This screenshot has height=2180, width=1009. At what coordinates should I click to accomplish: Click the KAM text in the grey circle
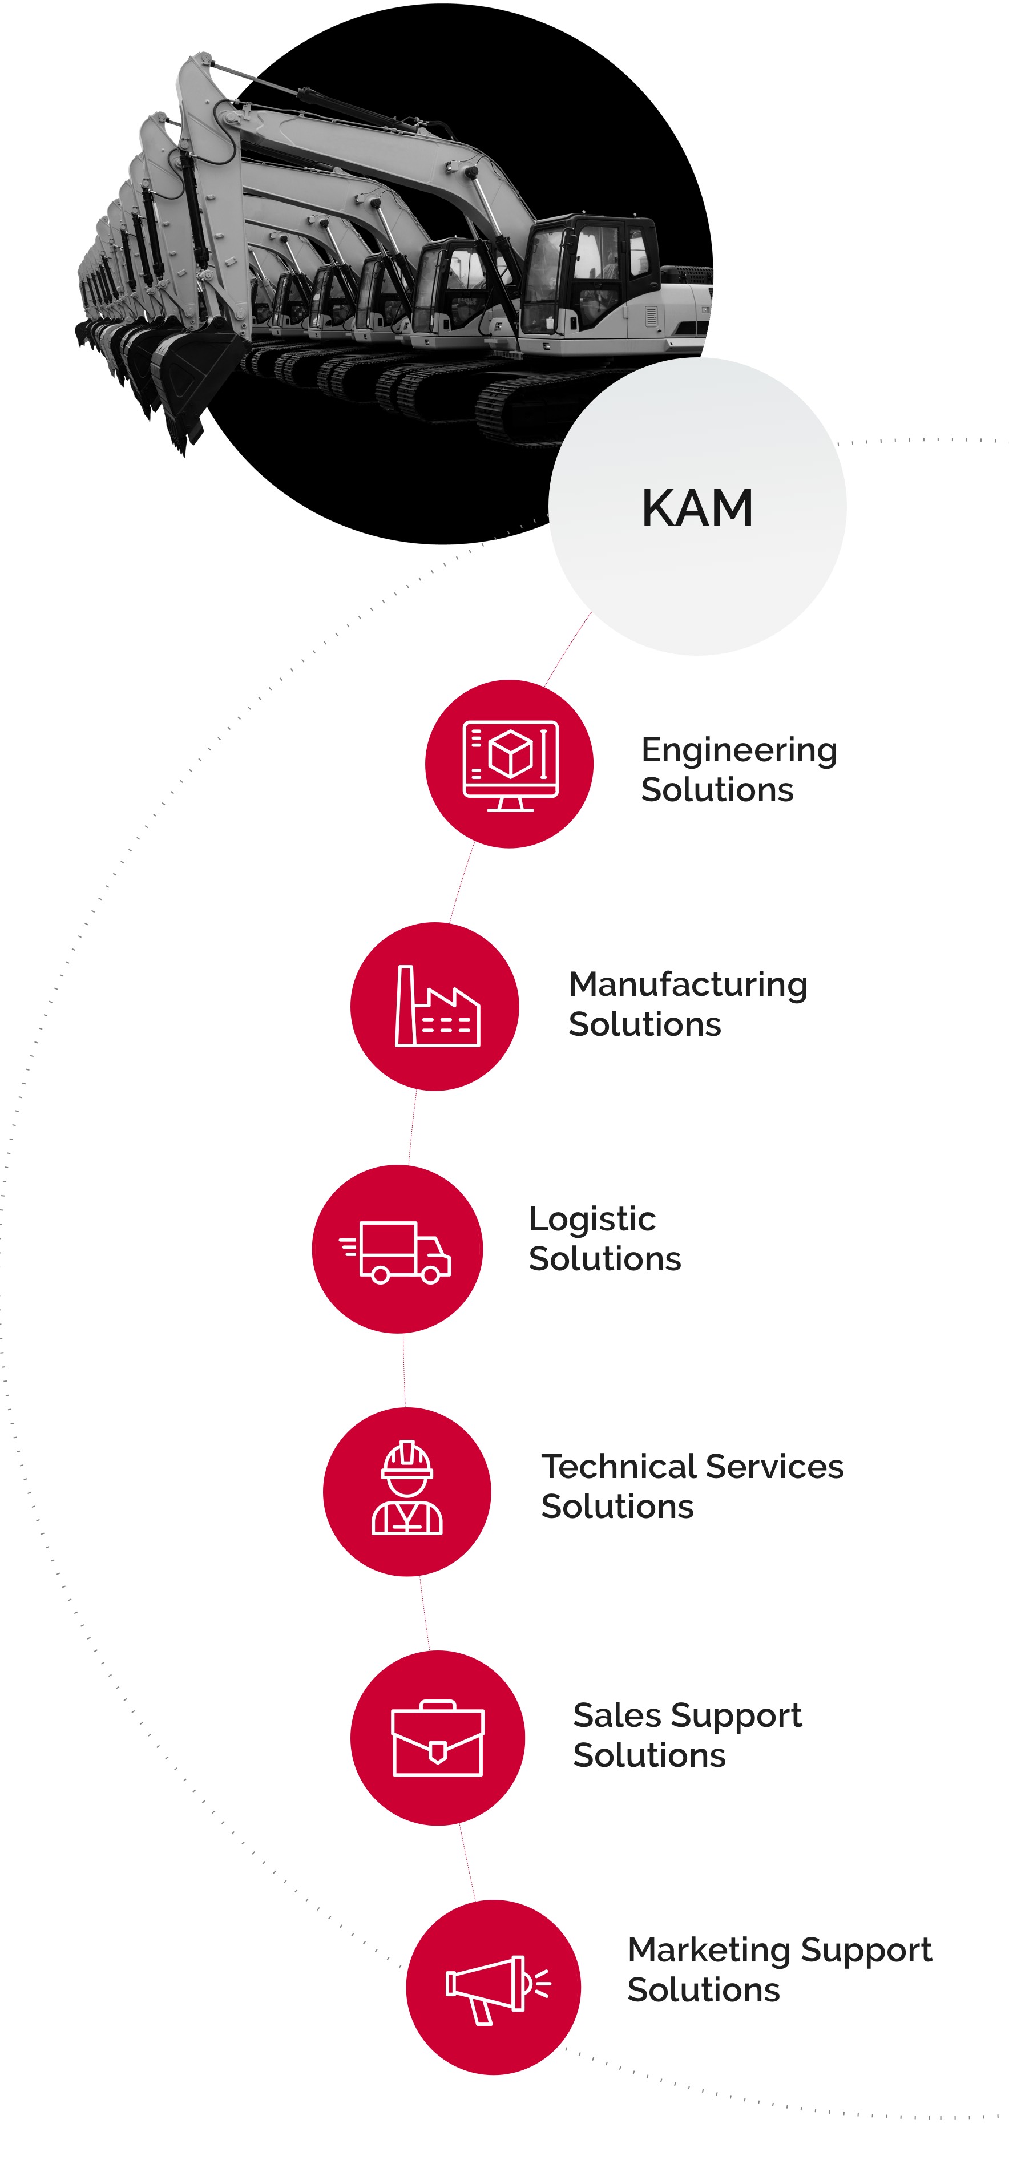697,508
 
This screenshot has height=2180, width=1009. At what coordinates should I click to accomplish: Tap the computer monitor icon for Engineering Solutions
510,765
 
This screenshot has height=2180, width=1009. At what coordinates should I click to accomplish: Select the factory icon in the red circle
437,1006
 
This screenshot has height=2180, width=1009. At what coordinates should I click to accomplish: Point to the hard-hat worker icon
407,1488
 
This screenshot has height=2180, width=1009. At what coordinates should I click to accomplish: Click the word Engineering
739,750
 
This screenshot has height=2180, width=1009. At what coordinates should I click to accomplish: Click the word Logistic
592,1220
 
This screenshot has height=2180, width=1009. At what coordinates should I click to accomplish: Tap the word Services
774,1467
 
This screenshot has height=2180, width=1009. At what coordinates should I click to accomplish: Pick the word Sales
615,1715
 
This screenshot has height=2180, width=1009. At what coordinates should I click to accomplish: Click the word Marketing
709,1951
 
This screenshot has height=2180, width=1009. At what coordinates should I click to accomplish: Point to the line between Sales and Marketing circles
467,1862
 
